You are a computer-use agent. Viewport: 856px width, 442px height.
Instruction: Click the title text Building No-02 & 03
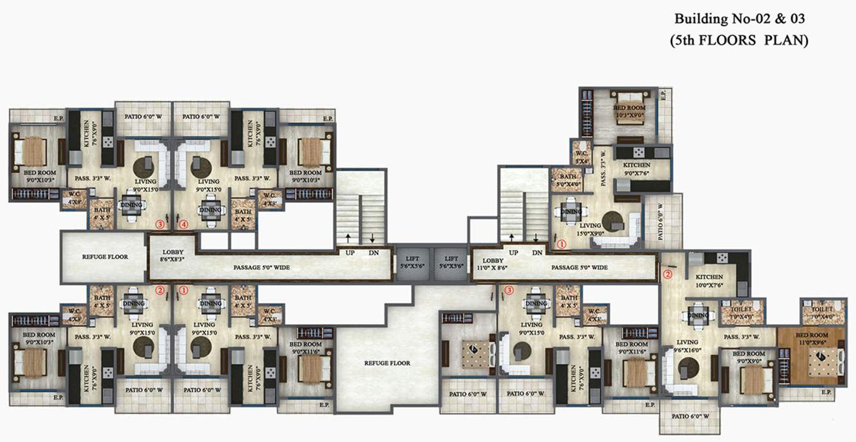tap(738, 19)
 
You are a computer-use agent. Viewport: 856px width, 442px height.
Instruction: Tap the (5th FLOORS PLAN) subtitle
tap(739, 40)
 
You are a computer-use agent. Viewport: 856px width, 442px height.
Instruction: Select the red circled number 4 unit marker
tap(184, 224)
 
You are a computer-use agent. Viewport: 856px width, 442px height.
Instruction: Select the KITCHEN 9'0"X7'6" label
tap(637, 168)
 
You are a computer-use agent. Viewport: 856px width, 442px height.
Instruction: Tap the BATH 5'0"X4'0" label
tap(568, 181)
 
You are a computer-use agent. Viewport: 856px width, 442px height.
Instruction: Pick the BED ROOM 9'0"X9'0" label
tap(748, 357)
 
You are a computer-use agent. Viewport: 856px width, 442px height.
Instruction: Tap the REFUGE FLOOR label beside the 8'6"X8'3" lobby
tap(104, 257)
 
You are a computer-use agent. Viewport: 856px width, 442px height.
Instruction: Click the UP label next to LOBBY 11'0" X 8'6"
tap(513, 253)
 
